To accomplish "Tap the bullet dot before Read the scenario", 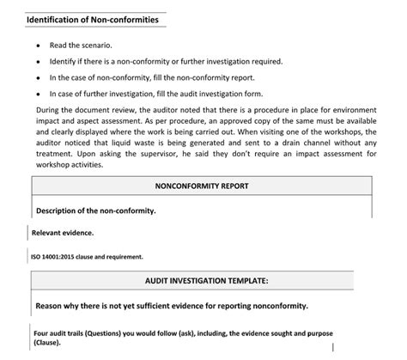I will (x=38, y=46).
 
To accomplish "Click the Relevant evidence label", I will (x=63, y=232).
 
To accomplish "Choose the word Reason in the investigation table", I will (x=50, y=305).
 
